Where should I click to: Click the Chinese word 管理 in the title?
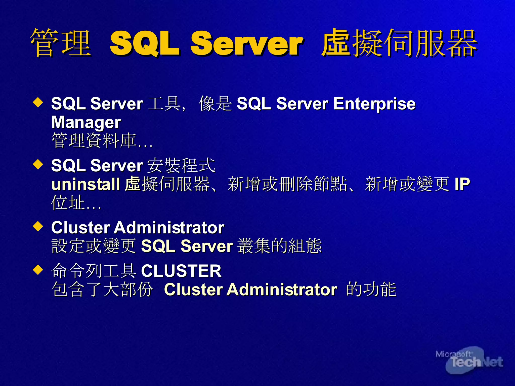(x=60, y=43)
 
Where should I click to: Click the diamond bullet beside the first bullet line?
(x=38, y=103)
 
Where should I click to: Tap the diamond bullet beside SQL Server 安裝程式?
(x=38, y=165)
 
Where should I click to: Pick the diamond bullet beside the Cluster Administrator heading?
(x=38, y=226)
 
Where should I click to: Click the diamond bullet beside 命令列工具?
(x=38, y=270)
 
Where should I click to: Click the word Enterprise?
(x=374, y=104)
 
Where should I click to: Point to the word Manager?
(x=86, y=123)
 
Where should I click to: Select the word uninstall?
(x=85, y=184)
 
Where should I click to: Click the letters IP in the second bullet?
(x=462, y=184)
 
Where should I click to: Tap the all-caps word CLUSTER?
(x=181, y=271)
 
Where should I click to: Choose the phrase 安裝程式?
(x=181, y=166)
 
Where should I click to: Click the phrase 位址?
(x=68, y=203)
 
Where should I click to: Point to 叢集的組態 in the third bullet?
(x=279, y=246)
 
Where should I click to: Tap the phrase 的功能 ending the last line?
(x=371, y=289)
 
